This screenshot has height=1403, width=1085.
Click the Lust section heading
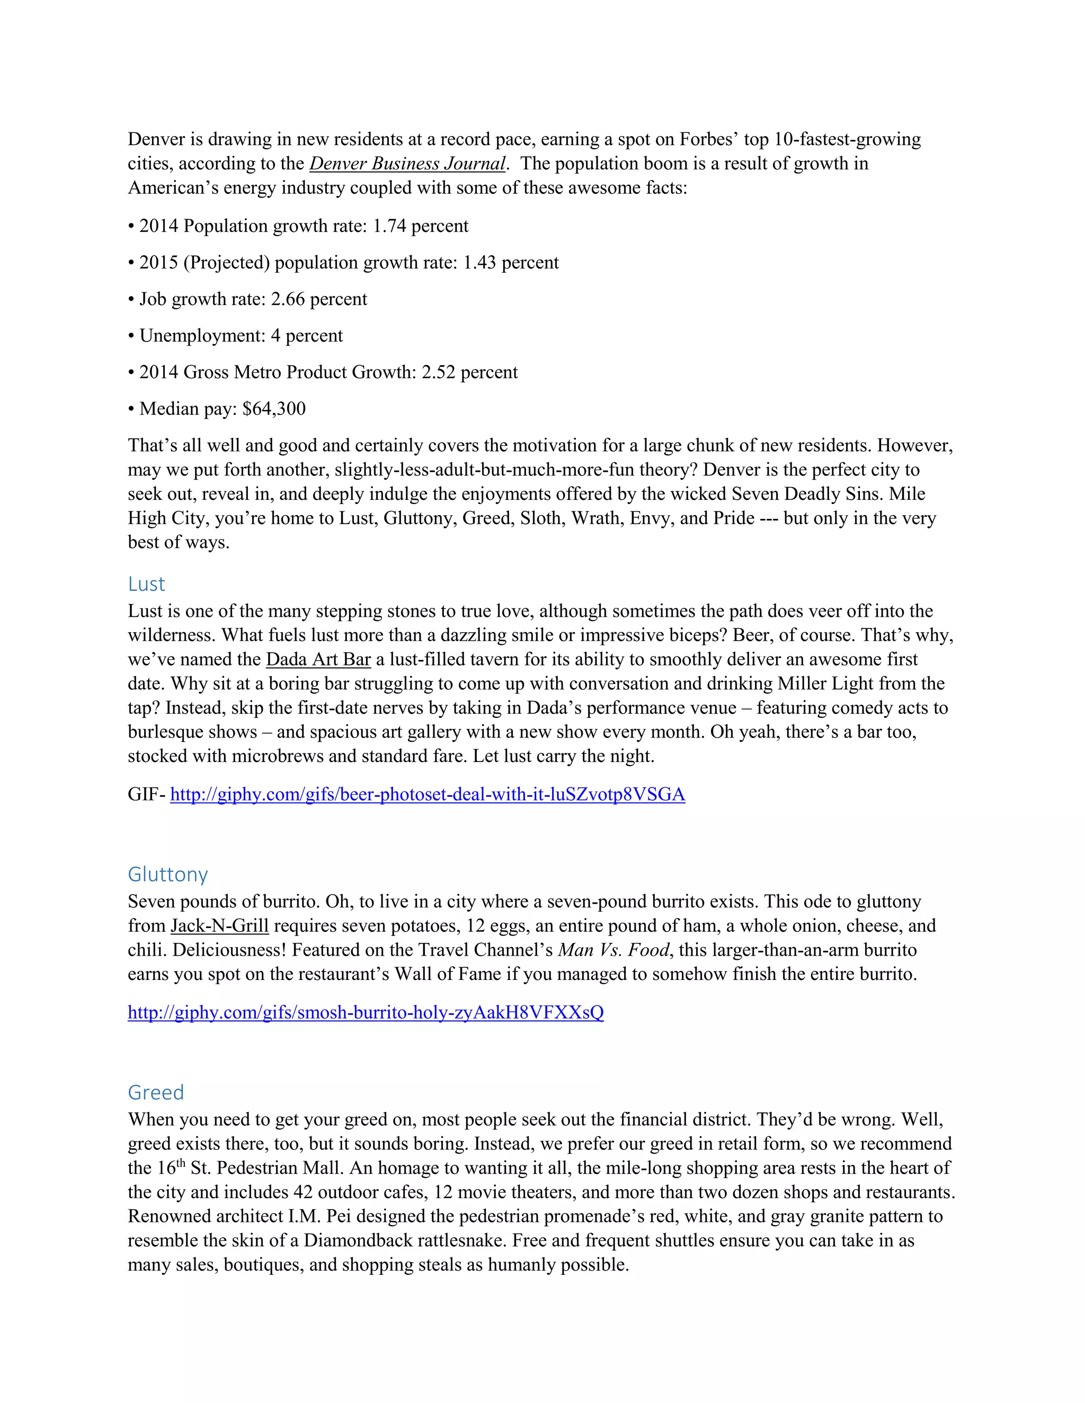coord(147,584)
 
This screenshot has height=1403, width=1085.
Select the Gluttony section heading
coord(168,874)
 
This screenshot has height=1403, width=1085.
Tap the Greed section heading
coord(156,1092)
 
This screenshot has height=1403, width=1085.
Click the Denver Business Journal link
coord(407,164)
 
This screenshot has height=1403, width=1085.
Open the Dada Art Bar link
coord(318,660)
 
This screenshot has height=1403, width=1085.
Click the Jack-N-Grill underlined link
coord(220,925)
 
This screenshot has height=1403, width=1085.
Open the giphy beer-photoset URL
coord(428,795)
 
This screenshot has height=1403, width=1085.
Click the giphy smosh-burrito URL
coord(366,1012)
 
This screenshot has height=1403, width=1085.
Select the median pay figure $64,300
coord(274,409)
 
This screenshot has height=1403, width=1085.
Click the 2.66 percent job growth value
coord(319,299)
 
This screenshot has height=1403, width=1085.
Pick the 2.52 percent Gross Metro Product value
coord(469,373)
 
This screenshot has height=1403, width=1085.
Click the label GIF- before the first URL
coord(147,795)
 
